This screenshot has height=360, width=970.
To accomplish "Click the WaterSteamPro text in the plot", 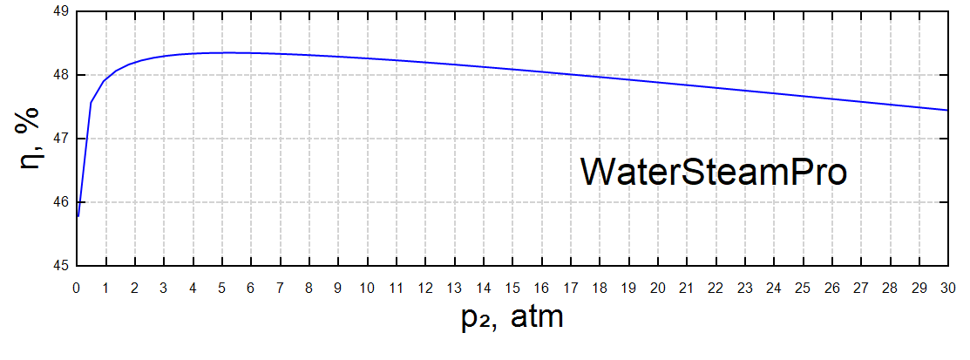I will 714,172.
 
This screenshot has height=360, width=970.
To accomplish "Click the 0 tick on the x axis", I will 77,285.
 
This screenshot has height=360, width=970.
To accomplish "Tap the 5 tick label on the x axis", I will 221,285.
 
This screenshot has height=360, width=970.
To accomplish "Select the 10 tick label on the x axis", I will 367,285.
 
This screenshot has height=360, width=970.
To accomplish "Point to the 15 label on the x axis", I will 512,285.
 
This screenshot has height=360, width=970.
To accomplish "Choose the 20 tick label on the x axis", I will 657,285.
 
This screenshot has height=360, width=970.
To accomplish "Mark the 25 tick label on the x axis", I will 802,285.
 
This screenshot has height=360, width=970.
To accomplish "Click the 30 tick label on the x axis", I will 946,285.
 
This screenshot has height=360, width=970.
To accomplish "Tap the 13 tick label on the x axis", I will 454,285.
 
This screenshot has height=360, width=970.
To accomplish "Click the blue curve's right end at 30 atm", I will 946,110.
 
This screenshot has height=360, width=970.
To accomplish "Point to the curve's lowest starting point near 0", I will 78,215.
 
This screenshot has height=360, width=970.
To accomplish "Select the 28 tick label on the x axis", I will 889,285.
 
